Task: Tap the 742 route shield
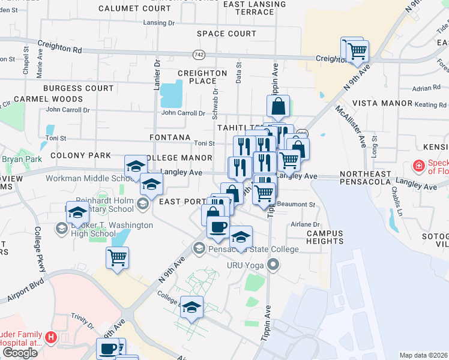click(198, 54)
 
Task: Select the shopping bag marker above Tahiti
click(279, 107)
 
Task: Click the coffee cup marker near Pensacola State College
click(218, 227)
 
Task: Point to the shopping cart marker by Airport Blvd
click(117, 257)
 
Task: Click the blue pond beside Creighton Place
click(171, 93)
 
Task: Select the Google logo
click(19, 353)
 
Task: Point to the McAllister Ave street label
click(350, 126)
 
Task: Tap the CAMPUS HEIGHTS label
click(324, 237)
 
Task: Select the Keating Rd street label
click(430, 105)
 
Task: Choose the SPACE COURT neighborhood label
click(226, 34)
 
